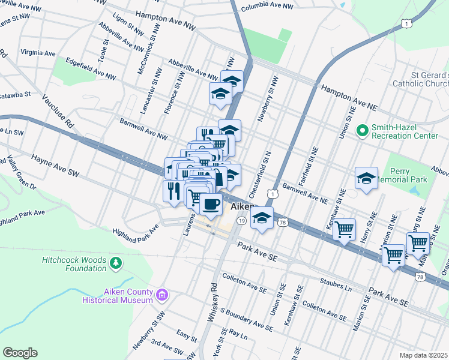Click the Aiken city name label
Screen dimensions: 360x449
[241, 208]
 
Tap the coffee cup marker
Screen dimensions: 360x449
[210, 204]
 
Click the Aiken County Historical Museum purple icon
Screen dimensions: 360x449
[161, 295]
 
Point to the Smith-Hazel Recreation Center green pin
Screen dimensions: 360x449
[362, 130]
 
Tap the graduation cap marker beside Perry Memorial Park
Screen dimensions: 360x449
[366, 179]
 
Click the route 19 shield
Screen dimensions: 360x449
[241, 221]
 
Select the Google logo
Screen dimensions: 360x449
[20, 353]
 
